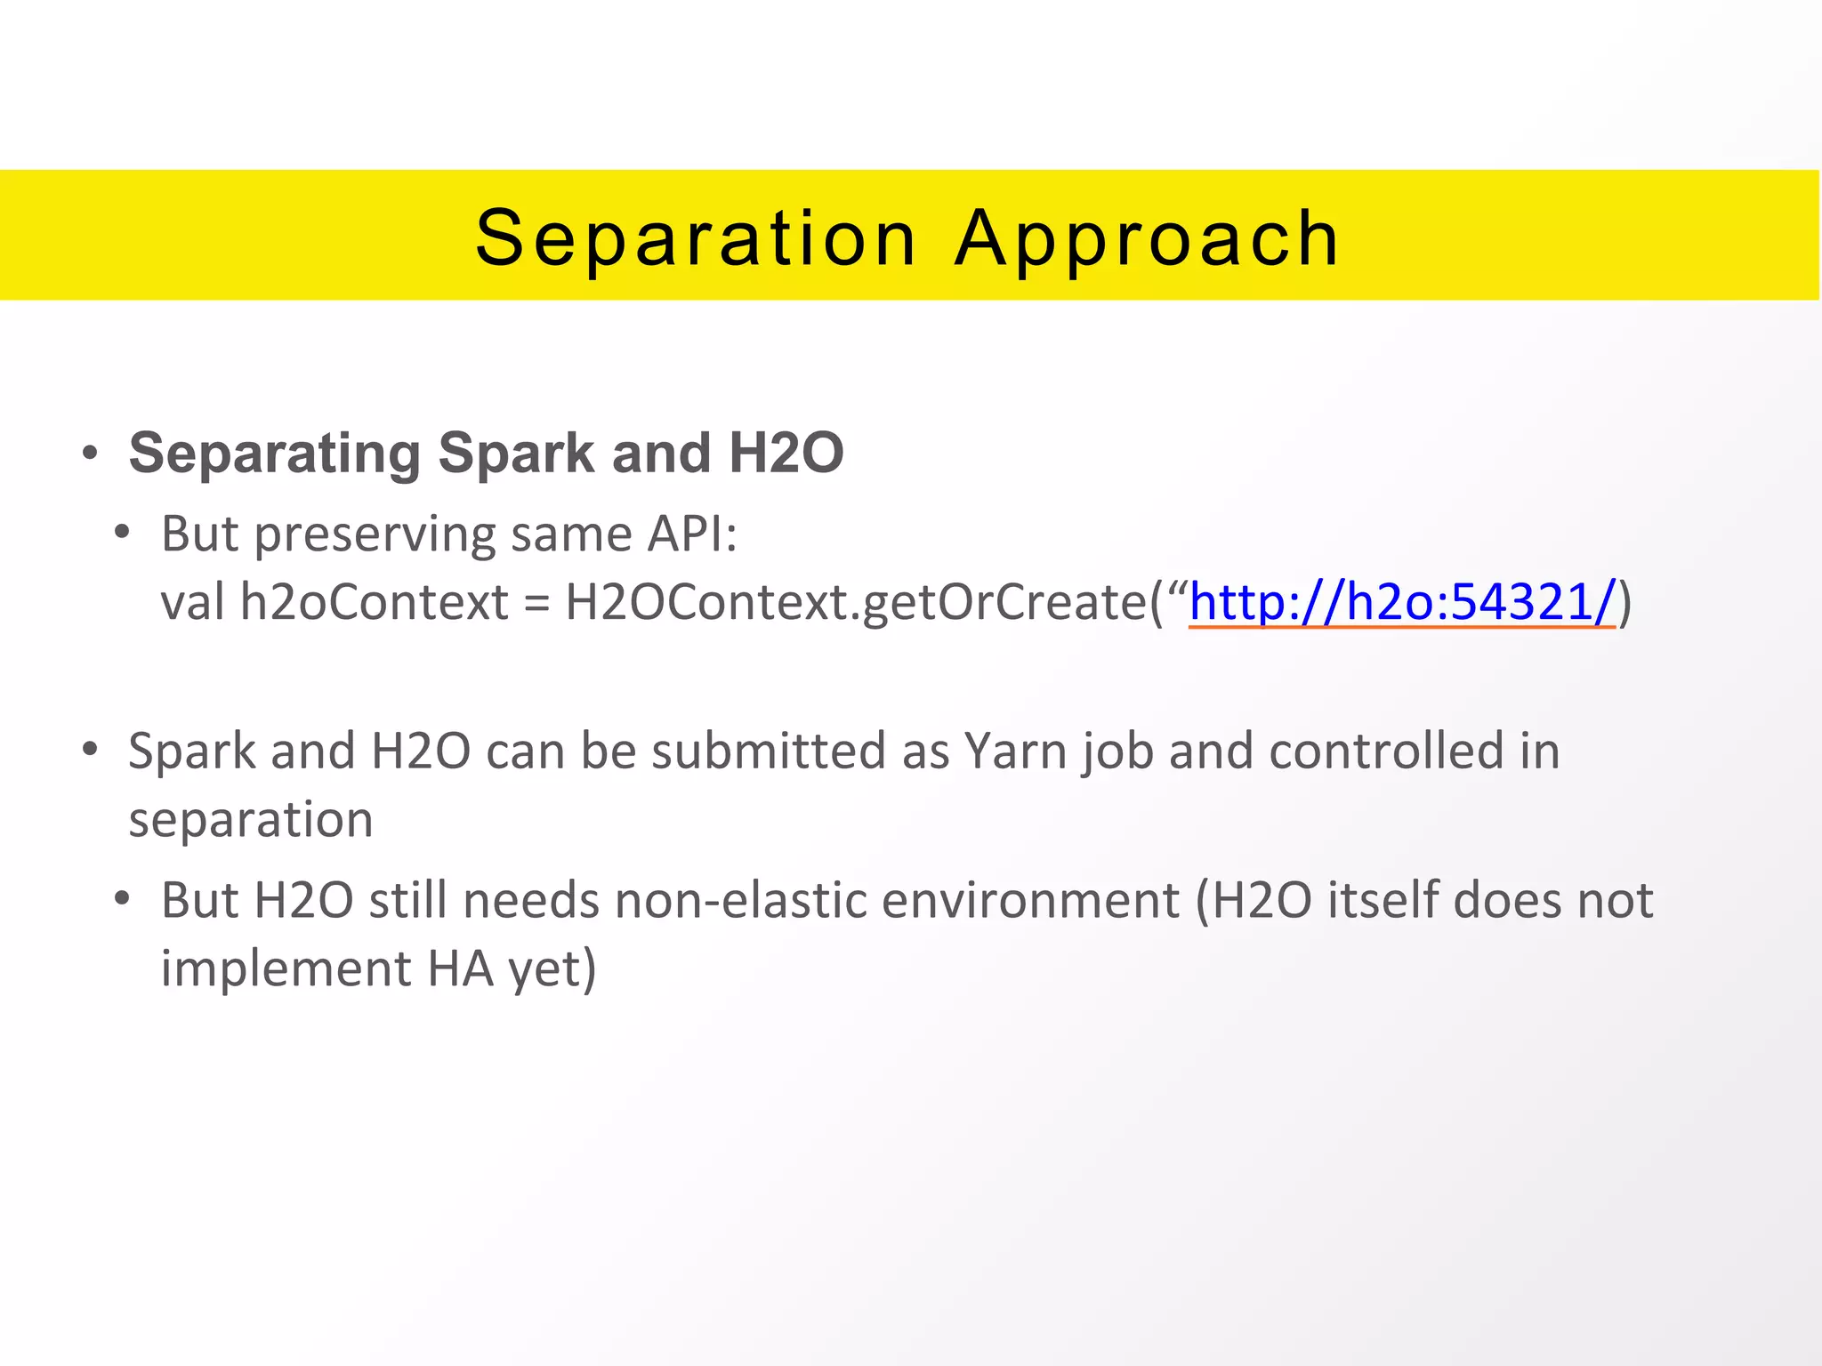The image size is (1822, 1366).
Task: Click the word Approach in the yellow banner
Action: click(1147, 238)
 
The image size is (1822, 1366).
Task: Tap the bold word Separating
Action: click(274, 454)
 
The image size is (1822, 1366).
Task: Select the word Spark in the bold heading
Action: click(517, 454)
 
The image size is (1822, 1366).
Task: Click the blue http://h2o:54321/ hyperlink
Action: click(1401, 602)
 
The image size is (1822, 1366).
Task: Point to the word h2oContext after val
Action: click(375, 602)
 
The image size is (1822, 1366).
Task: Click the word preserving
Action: click(375, 534)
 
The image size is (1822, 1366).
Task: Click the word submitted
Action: click(770, 751)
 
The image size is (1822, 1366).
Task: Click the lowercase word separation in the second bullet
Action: click(251, 819)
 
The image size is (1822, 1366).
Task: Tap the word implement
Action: click(286, 968)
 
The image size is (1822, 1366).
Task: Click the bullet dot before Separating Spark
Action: click(89, 454)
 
